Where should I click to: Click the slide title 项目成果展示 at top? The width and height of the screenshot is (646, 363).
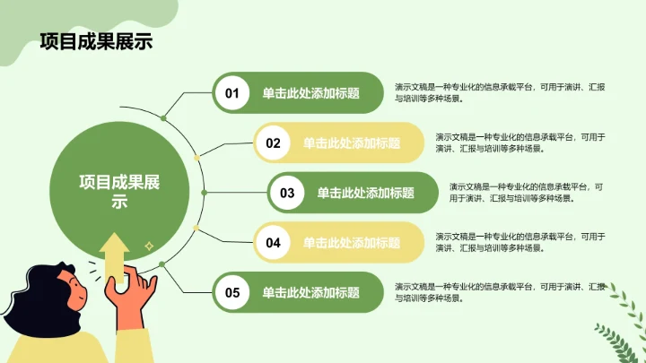click(96, 42)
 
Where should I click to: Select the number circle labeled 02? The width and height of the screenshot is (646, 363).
click(273, 143)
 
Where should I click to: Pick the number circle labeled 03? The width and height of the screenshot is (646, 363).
click(287, 193)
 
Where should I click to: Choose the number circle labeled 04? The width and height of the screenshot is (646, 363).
click(273, 242)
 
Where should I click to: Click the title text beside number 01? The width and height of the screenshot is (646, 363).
click(310, 92)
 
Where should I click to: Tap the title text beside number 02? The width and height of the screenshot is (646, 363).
click(351, 143)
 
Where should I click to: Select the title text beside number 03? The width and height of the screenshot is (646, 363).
click(365, 193)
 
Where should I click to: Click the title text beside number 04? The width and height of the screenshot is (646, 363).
click(351, 242)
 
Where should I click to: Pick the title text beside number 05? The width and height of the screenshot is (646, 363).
click(310, 292)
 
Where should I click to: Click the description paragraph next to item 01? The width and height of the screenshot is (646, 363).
click(499, 92)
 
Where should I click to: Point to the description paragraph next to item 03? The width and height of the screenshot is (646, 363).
click(526, 192)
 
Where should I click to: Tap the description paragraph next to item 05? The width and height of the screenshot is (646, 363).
click(499, 292)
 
